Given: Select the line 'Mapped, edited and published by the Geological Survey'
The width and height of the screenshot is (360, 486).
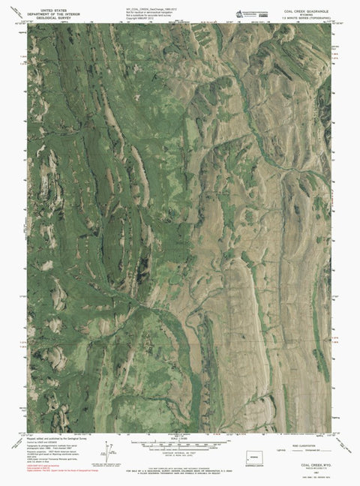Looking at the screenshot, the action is [57, 437].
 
